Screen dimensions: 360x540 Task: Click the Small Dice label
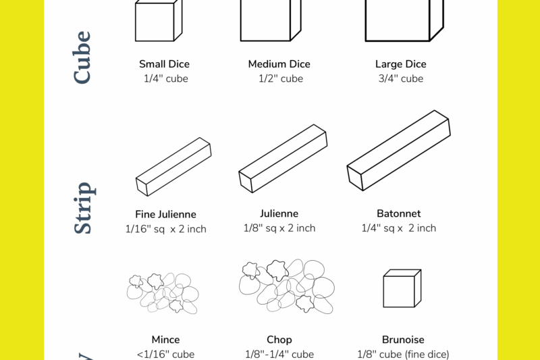tap(164, 64)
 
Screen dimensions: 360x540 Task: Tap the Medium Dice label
tap(279, 64)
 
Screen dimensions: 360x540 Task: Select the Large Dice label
tap(400, 64)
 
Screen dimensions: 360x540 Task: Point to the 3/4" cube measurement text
tap(400, 78)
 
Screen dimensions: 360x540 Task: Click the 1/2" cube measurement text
tap(280, 78)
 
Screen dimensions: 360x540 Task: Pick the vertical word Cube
tap(82, 57)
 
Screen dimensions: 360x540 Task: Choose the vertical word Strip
tap(82, 207)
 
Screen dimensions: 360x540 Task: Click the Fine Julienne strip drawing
tap(173, 167)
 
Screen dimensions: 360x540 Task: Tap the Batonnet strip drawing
tap(398, 150)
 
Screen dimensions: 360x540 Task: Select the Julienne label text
tap(279, 213)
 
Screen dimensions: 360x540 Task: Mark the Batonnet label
tap(398, 213)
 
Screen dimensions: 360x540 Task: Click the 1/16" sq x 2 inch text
tap(165, 229)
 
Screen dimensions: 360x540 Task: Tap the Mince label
tap(165, 340)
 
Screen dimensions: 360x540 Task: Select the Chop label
tap(279, 340)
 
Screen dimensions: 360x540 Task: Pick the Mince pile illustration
tap(163, 292)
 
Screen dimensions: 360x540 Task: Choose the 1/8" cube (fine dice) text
tap(402, 354)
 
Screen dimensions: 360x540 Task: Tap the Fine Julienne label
tap(165, 214)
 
